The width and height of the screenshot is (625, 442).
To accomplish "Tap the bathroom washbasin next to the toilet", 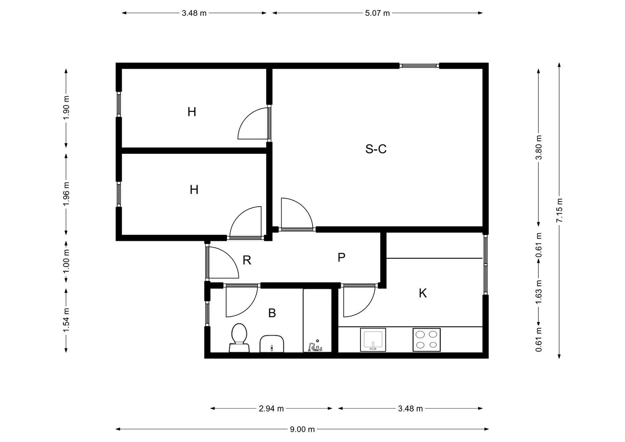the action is coord(272,344).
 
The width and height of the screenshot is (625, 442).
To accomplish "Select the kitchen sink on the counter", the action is coord(373,340).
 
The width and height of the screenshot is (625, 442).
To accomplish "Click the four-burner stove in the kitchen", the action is coord(426,340).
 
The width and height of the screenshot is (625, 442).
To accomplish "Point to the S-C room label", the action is coord(376,149).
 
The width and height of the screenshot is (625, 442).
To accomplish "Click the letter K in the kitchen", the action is coord(423,293).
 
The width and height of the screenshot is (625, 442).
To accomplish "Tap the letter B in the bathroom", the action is coord(272,313).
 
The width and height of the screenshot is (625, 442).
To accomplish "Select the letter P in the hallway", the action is coord(341,257).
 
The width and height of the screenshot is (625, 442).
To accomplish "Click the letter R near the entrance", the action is coord(247,260).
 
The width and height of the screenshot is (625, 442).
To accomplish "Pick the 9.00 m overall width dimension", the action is coord(302,429).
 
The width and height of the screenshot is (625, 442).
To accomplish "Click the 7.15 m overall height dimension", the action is coord(559,210).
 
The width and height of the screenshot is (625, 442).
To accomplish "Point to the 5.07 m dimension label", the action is coord(377,13).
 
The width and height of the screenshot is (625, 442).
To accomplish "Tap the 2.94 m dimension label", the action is coord(271,409).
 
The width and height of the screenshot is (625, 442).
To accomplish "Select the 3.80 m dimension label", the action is coord(538,147).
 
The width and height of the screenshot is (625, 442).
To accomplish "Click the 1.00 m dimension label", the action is coord(66,262).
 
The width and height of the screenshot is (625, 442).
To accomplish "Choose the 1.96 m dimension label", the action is coord(66,194).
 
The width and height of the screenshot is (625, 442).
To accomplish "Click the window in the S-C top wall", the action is coord(419,66).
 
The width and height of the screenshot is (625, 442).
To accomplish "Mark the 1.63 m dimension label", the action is coord(538,292).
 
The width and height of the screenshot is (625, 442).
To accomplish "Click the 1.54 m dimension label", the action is coord(66,320).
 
